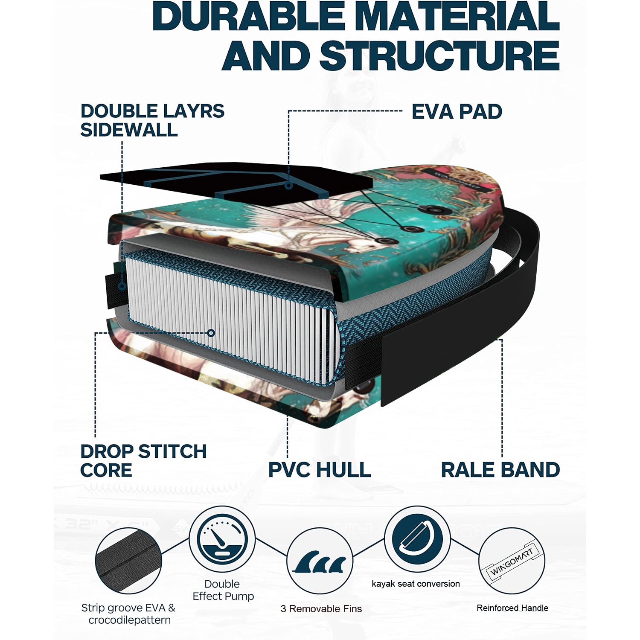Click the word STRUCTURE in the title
[x=439, y=56]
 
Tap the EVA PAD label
[x=457, y=112]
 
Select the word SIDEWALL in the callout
[x=129, y=130]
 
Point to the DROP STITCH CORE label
[x=143, y=461]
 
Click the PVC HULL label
[x=320, y=470]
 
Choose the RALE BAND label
[x=500, y=470]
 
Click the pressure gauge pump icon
[x=222, y=539]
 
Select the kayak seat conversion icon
[x=417, y=539]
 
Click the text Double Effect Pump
[x=223, y=590]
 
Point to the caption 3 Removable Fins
[x=321, y=609]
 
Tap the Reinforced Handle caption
[x=512, y=608]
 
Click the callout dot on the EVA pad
[x=289, y=186]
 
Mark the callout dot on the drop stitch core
[x=211, y=333]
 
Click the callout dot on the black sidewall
[x=122, y=286]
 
